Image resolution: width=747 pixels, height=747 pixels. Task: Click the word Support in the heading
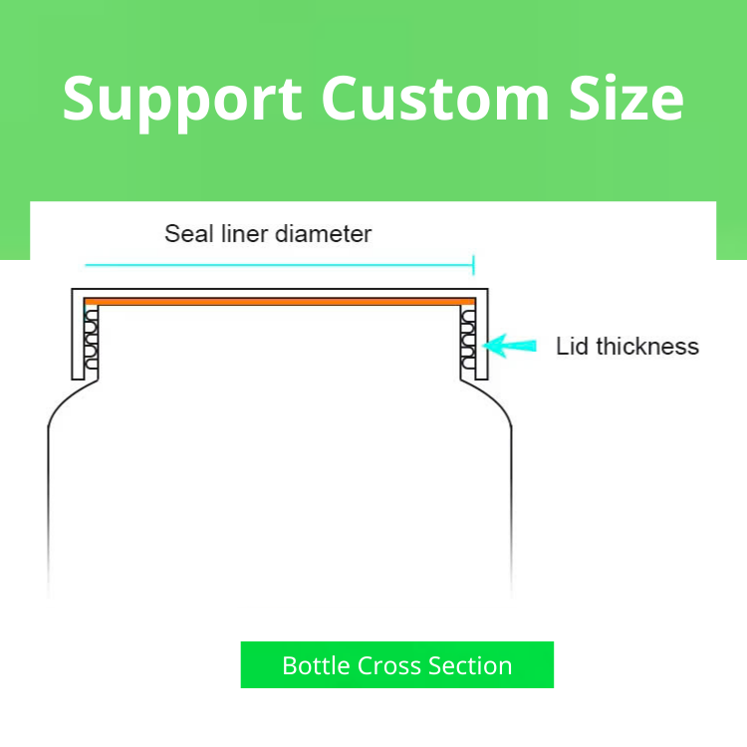(x=182, y=99)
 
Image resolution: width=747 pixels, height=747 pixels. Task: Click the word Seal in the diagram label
(x=186, y=234)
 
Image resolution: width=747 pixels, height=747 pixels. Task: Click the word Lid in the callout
(x=573, y=347)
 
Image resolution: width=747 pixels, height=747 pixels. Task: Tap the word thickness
(x=646, y=347)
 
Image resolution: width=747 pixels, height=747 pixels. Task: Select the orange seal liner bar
(x=279, y=301)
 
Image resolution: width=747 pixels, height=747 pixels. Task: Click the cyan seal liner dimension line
(x=279, y=265)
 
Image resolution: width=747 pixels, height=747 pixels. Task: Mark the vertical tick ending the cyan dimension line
(x=473, y=265)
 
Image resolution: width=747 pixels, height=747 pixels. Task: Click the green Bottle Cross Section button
(x=396, y=665)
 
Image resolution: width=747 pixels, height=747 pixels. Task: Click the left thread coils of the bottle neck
(x=92, y=339)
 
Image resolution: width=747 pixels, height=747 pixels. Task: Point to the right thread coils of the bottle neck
(x=467, y=339)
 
